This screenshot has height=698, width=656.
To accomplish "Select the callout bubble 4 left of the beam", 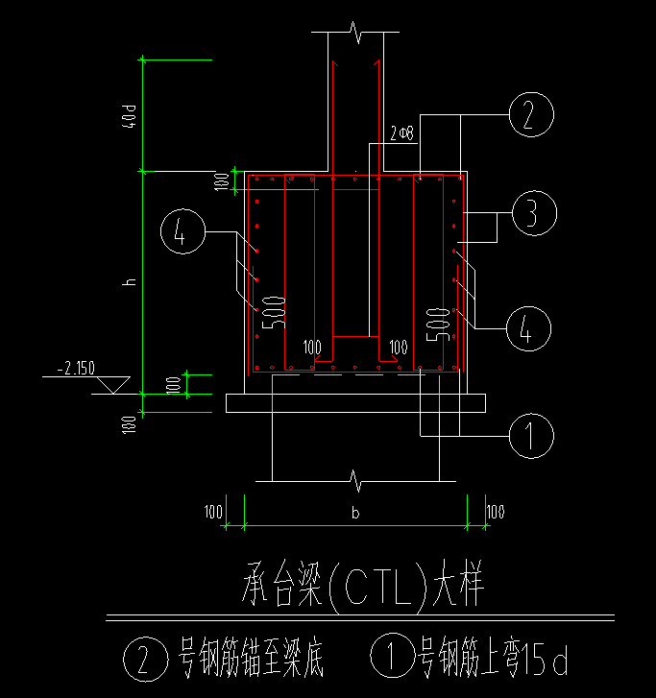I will coord(182,230).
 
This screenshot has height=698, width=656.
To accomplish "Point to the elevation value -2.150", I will coord(77,368).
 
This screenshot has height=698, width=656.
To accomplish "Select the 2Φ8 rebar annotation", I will coord(402,133).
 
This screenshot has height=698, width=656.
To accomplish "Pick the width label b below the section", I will coord(355,514).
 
